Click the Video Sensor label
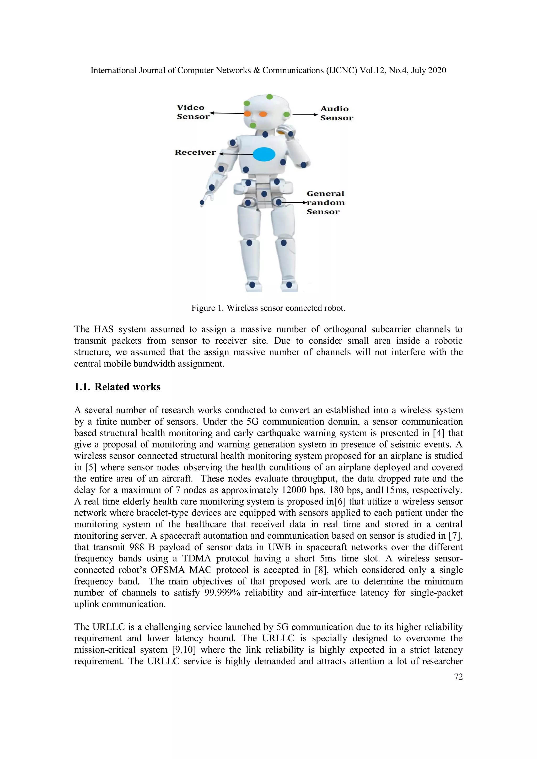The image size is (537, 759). click(193, 112)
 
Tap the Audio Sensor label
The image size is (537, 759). click(336, 113)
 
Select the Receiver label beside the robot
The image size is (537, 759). click(195, 152)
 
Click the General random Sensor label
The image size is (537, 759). click(325, 203)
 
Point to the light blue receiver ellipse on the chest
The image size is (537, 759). click(264, 154)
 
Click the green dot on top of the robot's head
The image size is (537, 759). click(270, 97)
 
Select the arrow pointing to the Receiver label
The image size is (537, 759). click(235, 154)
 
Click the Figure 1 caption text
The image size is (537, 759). click(268, 308)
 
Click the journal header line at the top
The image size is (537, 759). click(268, 70)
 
